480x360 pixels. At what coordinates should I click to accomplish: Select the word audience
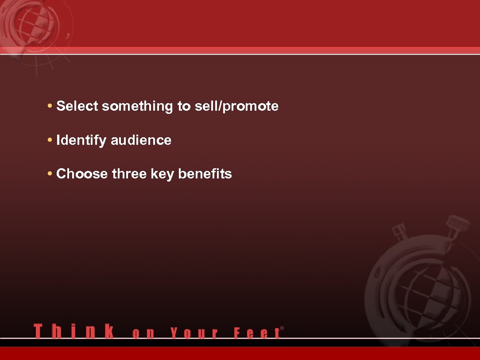(x=141, y=140)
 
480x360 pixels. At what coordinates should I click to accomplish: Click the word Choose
(x=82, y=174)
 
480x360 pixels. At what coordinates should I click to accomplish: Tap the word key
(x=163, y=174)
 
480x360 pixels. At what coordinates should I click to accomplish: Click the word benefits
(x=205, y=174)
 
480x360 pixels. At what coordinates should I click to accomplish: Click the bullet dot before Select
(x=50, y=106)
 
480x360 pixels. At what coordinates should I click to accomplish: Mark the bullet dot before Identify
(x=50, y=140)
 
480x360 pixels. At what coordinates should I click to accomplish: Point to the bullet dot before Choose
(x=50, y=174)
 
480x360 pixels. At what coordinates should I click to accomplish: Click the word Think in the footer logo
(x=74, y=331)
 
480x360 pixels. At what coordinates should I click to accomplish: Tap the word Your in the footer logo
(x=194, y=333)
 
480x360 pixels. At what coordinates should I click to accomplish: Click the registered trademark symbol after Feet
(x=282, y=329)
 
